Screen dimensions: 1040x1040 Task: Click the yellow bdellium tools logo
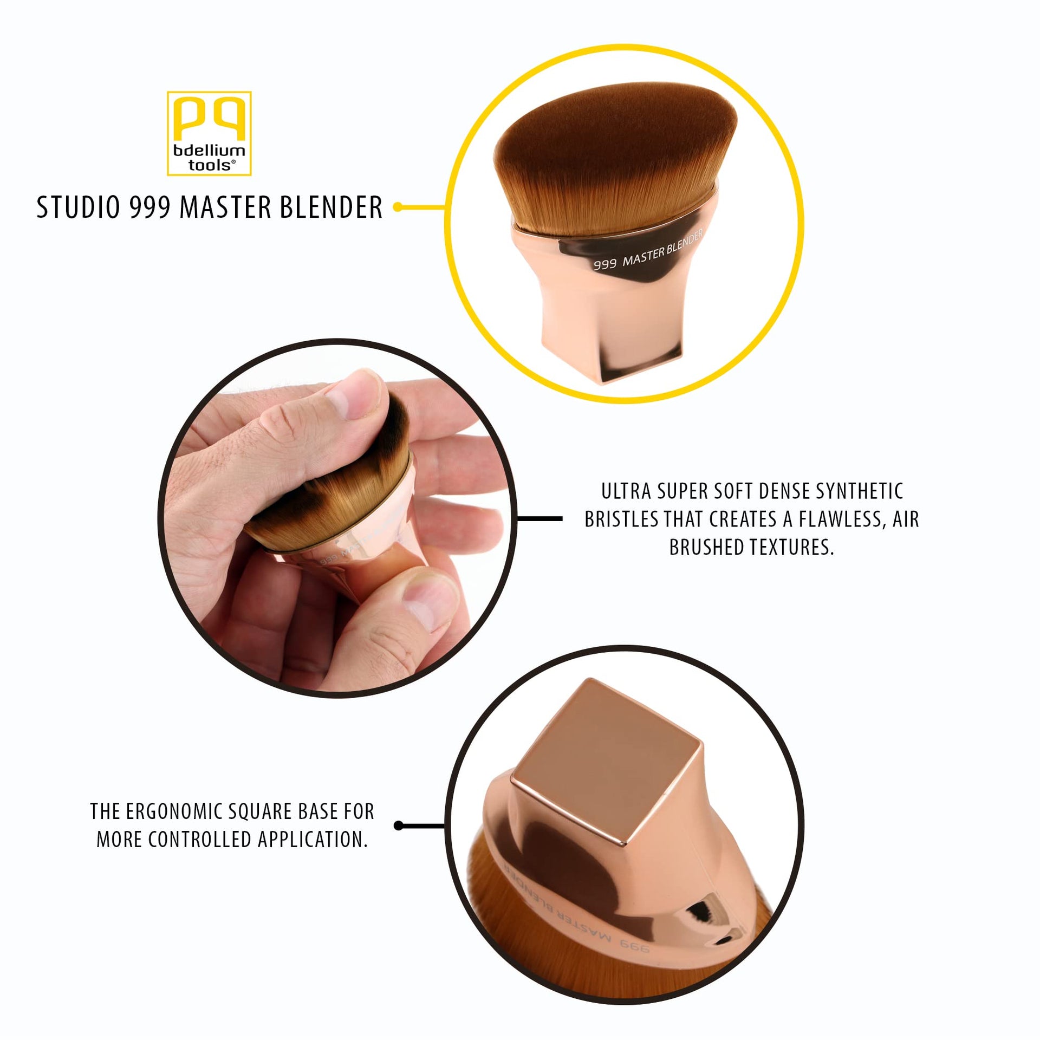pos(209,133)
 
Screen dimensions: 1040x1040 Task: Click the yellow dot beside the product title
pos(398,207)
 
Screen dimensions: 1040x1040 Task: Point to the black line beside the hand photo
pos(539,518)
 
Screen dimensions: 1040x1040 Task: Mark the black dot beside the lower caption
pos(399,825)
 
